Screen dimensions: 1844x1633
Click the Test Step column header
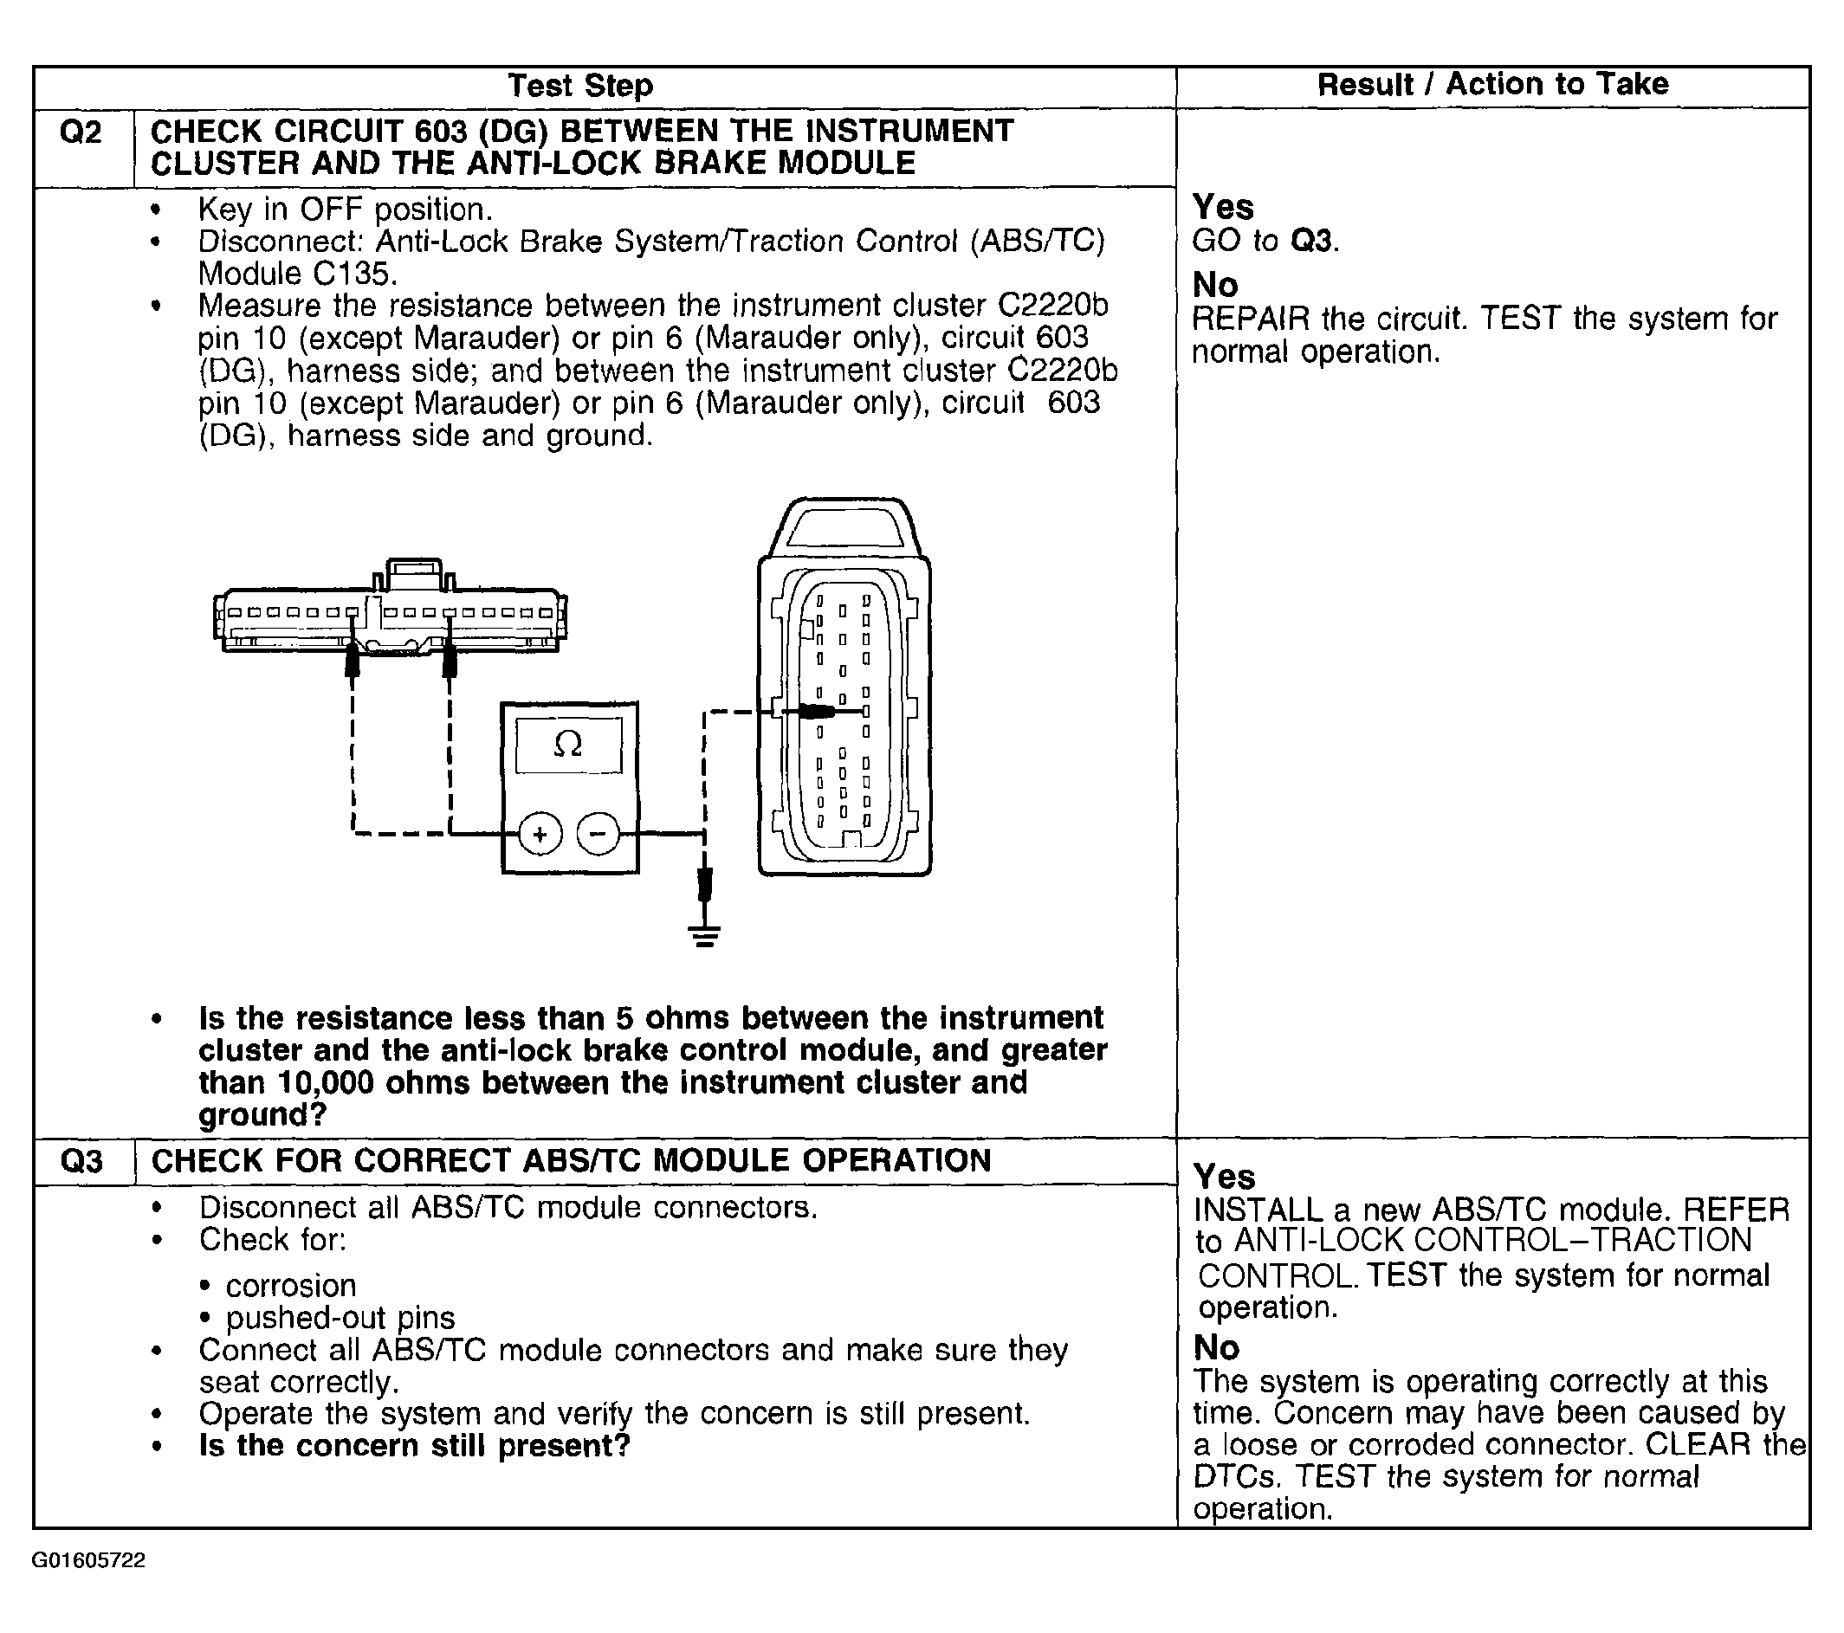click(580, 86)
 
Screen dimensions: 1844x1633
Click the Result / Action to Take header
click(1493, 84)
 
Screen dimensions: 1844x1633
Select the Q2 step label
click(81, 132)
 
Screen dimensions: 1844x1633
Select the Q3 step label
click(81, 1160)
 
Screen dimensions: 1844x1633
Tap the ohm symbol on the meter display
click(567, 744)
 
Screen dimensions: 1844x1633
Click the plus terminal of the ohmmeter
click(540, 834)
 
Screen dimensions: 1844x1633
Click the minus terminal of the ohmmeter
click(598, 834)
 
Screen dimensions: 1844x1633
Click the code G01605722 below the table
click(88, 1561)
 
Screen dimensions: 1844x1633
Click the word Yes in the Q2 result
click(1222, 208)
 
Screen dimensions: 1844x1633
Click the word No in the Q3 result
click(1216, 1348)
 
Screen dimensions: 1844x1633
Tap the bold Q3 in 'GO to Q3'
click(1310, 242)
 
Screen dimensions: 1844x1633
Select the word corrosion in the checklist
click(290, 1285)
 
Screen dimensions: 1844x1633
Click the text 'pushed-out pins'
click(340, 1319)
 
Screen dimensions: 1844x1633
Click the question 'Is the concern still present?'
click(414, 1446)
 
